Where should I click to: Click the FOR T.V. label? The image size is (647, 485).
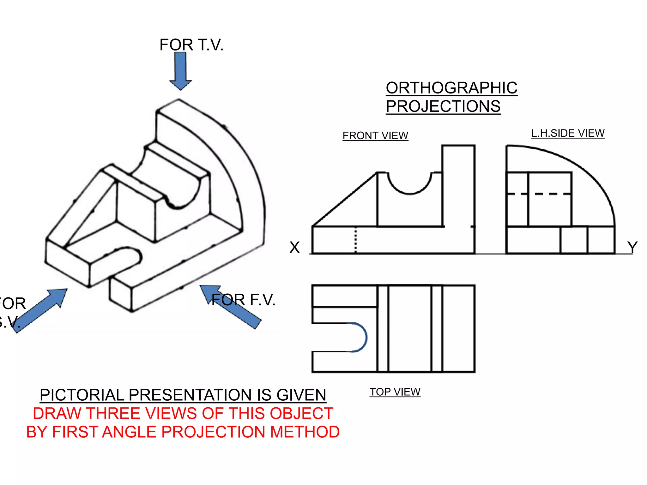(191, 45)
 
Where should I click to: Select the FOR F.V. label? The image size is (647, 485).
(243, 300)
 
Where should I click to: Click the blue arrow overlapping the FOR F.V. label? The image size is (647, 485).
(234, 308)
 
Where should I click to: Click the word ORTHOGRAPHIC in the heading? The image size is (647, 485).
(451, 88)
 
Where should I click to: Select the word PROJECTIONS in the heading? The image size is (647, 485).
(443, 106)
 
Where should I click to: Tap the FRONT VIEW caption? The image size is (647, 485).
(375, 136)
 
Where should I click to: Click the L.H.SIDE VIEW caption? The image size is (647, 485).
(568, 133)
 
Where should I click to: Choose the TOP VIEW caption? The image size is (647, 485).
(395, 392)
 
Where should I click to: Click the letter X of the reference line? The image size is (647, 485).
(294, 247)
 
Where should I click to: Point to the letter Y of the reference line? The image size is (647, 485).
(632, 247)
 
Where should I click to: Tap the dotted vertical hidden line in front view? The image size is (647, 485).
(356, 240)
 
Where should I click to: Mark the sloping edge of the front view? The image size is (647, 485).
(344, 200)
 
